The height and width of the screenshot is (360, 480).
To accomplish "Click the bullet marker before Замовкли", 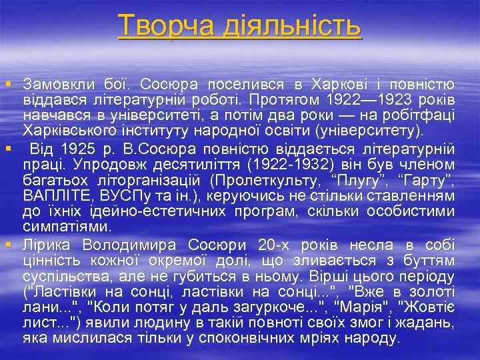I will (x=8, y=85).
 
